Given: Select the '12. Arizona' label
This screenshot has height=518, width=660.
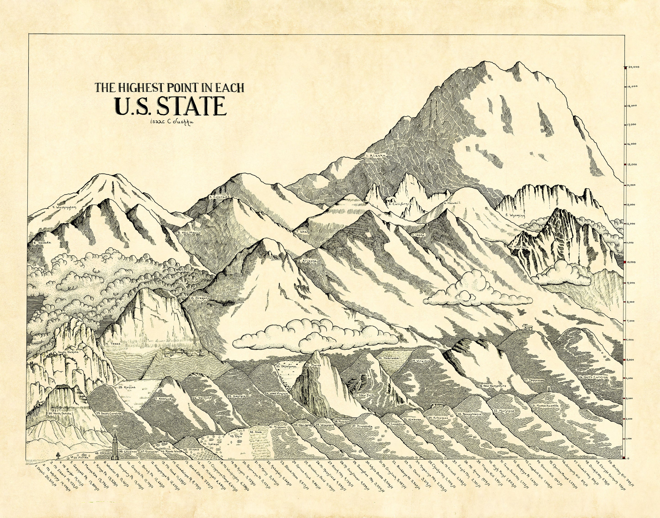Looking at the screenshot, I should point(307,260).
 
